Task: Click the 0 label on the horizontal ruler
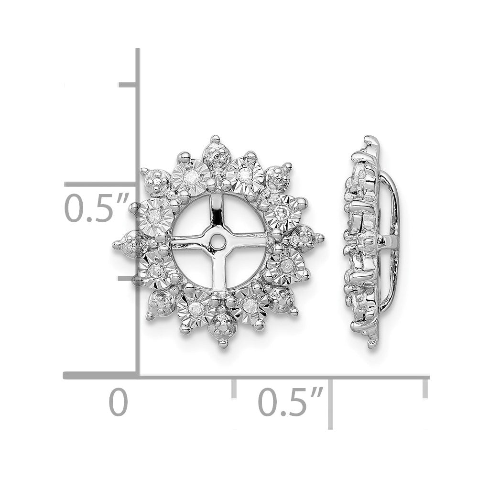118,402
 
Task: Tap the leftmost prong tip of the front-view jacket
116,244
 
